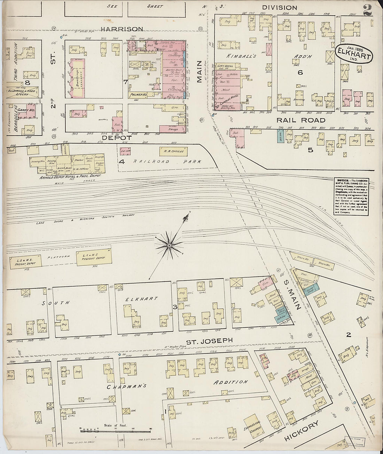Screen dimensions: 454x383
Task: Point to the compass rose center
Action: [x=169, y=246]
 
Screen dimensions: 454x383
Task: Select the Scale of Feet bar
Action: [x=115, y=431]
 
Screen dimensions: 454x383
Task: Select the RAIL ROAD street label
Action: [x=301, y=120]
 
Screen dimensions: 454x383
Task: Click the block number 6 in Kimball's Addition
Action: [x=300, y=72]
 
